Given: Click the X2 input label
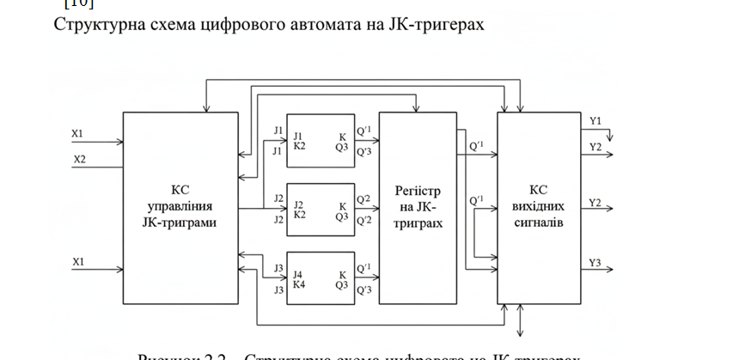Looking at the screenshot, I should (x=79, y=159).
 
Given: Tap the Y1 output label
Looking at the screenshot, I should (x=595, y=121).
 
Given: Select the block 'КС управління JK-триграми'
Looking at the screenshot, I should (x=180, y=208).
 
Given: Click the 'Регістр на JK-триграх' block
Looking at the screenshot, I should (x=418, y=208).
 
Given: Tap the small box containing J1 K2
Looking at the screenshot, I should (x=321, y=137).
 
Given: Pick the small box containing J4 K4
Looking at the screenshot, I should (x=321, y=275).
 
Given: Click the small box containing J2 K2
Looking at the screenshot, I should (x=321, y=207).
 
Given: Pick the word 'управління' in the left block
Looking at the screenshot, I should (x=180, y=207).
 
